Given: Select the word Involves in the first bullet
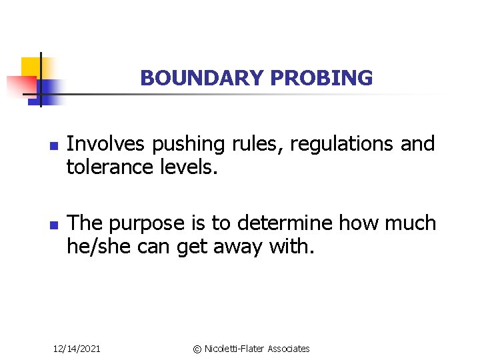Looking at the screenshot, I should [107, 144].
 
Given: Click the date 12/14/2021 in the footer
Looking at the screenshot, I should [77, 349].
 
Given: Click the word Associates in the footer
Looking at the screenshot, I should [289, 349].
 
